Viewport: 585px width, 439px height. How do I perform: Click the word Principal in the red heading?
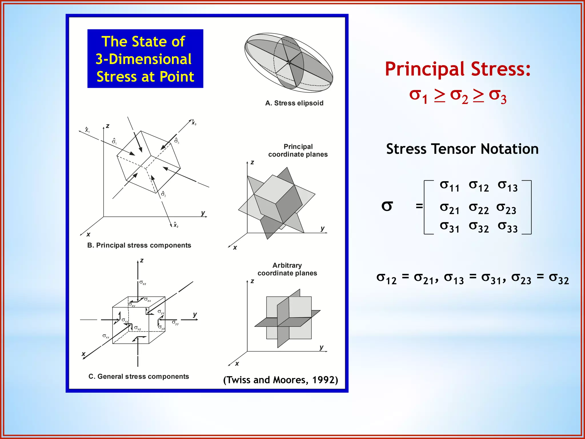(425, 69)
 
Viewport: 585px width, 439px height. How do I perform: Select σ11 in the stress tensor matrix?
(449, 186)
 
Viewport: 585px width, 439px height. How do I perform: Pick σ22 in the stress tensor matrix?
(478, 208)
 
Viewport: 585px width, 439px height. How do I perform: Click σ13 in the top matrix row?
(508, 186)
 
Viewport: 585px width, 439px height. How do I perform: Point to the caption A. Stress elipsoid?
(294, 103)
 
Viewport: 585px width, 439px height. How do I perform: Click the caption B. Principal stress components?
(139, 245)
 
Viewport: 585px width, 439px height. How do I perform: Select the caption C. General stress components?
(139, 376)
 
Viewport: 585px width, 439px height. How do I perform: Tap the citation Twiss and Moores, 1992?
(281, 380)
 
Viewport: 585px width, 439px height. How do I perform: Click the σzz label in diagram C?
(143, 283)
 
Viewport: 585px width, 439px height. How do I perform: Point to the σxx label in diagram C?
(106, 336)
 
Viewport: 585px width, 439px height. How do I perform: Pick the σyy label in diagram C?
(175, 323)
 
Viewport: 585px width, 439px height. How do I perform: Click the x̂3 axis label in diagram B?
(194, 122)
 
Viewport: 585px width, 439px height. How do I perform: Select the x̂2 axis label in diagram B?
(176, 225)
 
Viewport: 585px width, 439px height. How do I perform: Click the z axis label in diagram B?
(108, 126)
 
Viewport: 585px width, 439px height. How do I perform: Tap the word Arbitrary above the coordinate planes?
(287, 265)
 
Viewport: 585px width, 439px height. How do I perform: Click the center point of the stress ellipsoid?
(289, 62)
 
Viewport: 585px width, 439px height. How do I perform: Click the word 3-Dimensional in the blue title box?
(144, 59)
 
